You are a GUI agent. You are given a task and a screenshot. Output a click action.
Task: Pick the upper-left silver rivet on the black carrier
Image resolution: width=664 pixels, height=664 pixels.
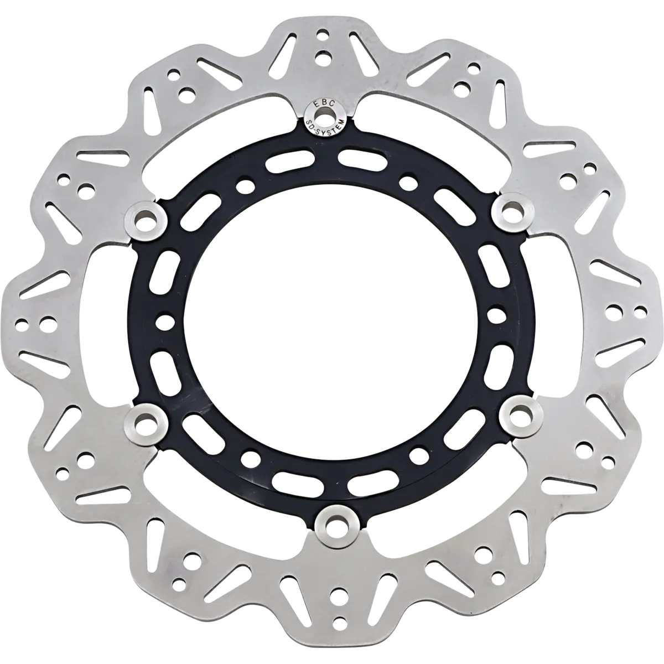click(145, 219)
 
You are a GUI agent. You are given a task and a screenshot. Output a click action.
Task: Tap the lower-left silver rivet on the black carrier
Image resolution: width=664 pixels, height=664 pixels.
click(146, 424)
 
